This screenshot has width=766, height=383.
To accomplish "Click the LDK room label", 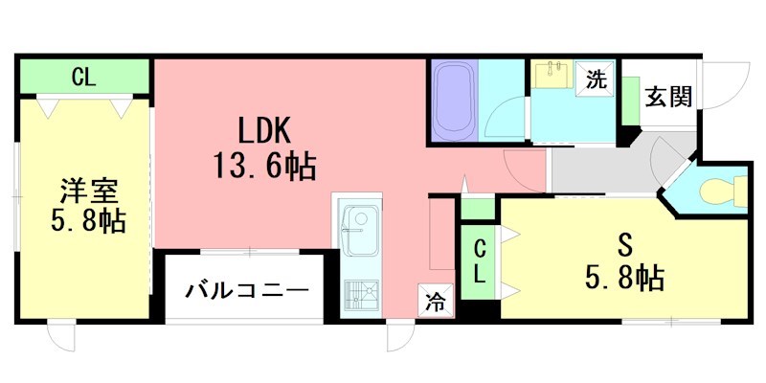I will (258, 130).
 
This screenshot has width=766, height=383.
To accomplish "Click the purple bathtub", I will (454, 101).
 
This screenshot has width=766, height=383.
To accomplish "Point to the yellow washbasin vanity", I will (553, 76).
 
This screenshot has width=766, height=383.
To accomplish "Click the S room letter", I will (623, 243).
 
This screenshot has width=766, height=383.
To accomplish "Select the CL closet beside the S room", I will (480, 261).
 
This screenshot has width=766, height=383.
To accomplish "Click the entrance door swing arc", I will (732, 77).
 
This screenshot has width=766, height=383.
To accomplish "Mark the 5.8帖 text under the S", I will (624, 278).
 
